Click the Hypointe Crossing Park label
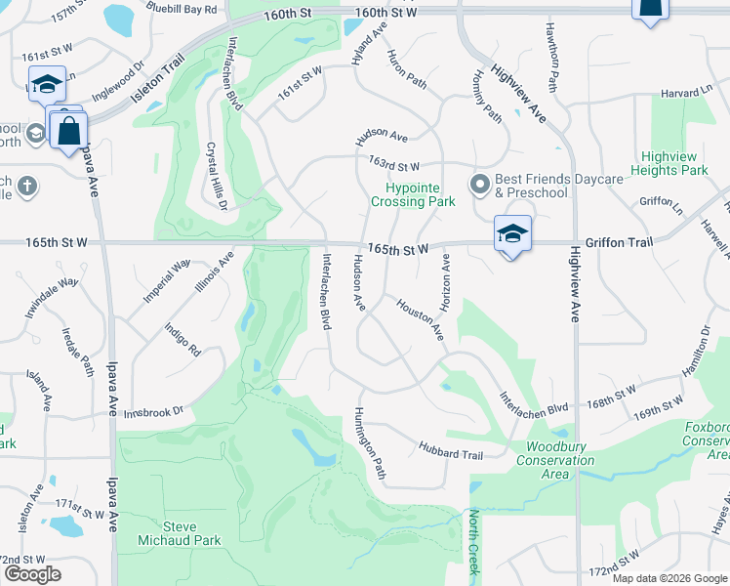pos(413,194)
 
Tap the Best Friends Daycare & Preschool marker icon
pos(480,185)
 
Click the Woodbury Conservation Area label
pos(554,460)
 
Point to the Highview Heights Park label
pos(674,163)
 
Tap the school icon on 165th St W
pos(512,233)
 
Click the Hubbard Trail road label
pos(451,454)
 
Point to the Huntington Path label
pos(370,442)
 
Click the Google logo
pos(32,574)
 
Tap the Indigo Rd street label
pos(182,340)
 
